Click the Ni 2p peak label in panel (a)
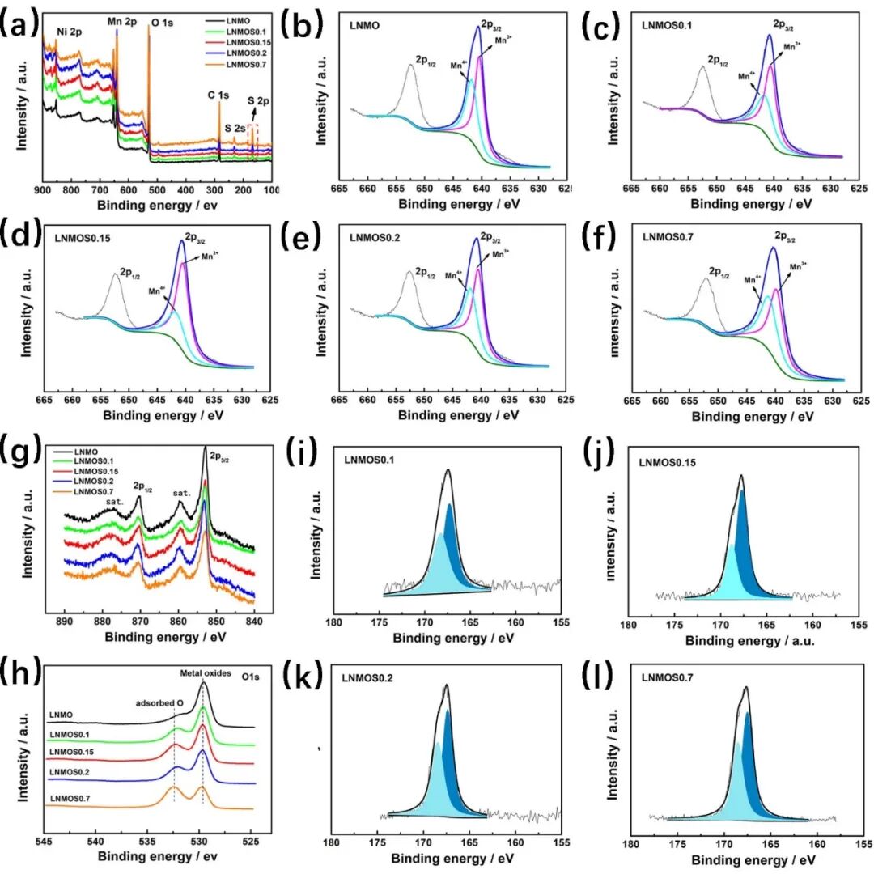[x=69, y=32]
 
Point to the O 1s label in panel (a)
[x=160, y=23]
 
